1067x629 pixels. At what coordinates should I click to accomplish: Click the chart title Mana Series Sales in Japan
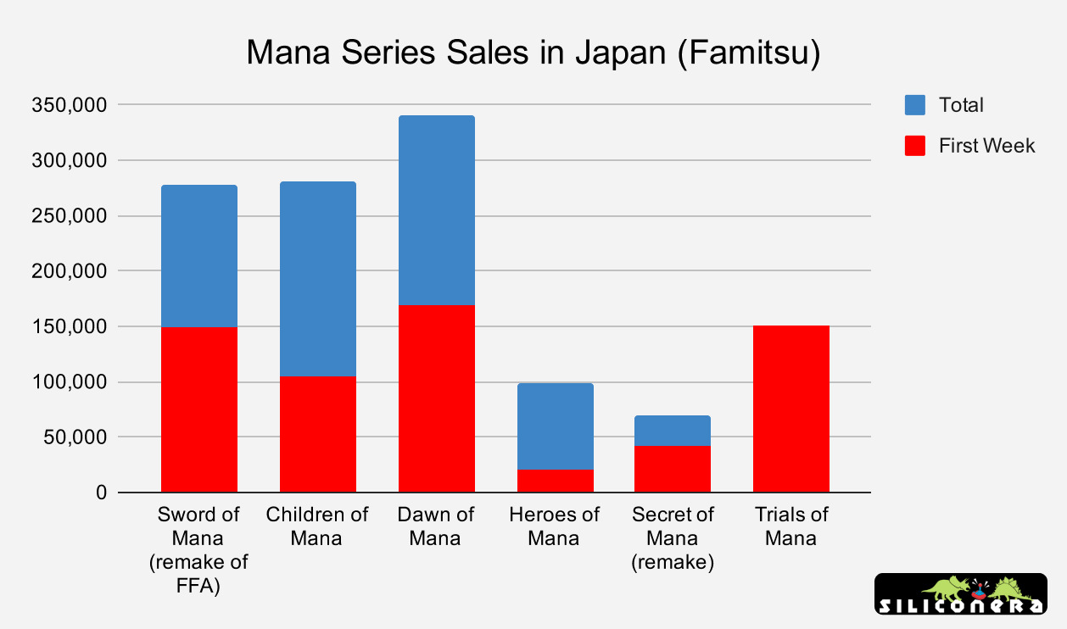pyautogui.click(x=533, y=53)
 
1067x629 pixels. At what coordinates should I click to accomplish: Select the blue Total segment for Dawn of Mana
pyautogui.click(x=436, y=210)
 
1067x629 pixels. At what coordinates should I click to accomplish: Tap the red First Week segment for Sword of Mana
pyautogui.click(x=199, y=409)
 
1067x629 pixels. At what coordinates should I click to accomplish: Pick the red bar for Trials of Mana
pyautogui.click(x=790, y=409)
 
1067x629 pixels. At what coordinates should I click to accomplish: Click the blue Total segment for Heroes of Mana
pyautogui.click(x=555, y=426)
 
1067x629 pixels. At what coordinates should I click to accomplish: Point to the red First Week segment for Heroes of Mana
pyautogui.click(x=555, y=481)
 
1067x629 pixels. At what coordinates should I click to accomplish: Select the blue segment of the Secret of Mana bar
pyautogui.click(x=673, y=431)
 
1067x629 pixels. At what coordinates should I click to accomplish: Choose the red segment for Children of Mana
pyautogui.click(x=318, y=434)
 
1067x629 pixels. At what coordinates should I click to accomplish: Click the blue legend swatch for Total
pyautogui.click(x=914, y=105)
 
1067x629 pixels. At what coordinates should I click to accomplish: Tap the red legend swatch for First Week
pyautogui.click(x=914, y=146)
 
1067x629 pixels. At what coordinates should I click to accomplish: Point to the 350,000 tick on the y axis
pyautogui.click(x=68, y=105)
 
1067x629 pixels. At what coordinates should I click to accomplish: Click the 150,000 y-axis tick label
pyautogui.click(x=68, y=327)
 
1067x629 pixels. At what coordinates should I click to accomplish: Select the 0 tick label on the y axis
pyautogui.click(x=102, y=493)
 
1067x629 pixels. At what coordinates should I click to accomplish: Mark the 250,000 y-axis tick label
pyautogui.click(x=68, y=216)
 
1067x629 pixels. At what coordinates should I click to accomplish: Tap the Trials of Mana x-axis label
pyautogui.click(x=790, y=526)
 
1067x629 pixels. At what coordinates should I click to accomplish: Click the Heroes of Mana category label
pyautogui.click(x=555, y=526)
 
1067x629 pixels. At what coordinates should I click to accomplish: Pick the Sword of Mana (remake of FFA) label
pyautogui.click(x=199, y=549)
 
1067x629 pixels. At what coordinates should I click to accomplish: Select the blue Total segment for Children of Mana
pyautogui.click(x=318, y=279)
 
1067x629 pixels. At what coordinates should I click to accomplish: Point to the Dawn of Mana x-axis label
pyautogui.click(x=436, y=526)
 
